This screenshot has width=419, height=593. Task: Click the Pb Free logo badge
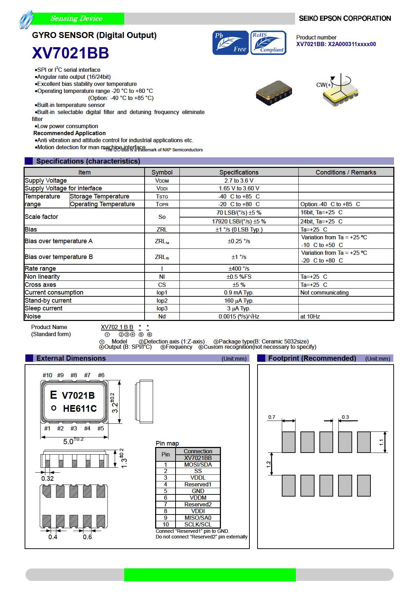pos(230,43)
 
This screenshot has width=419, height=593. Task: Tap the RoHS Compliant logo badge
pos(268,43)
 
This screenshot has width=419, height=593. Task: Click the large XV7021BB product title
pos(70,53)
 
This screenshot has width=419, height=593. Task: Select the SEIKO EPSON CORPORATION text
pos(344,19)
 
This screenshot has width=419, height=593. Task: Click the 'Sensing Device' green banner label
pos(76,19)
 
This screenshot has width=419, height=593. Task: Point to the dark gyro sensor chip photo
pos(274,93)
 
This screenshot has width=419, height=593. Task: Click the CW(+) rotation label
pos(324,85)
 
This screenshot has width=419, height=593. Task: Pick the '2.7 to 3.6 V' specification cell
pos(239,181)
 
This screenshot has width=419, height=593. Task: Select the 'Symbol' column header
pos(162,172)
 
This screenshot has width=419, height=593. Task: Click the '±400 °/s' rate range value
pos(239,269)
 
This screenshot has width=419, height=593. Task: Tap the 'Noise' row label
pos(33,316)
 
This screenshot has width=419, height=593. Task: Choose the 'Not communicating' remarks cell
pos(324,292)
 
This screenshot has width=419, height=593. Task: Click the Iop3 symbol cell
pos(162,308)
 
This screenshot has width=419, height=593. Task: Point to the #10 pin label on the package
pos(47,375)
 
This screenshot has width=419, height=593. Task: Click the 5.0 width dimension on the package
pos(69,441)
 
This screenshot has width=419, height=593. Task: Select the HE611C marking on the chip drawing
pos(80,409)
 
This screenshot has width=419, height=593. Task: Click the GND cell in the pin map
pos(198,491)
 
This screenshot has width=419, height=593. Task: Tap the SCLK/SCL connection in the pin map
pos(198,524)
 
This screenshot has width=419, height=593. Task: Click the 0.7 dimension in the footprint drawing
pos(272,417)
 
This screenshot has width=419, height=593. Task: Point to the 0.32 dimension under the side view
pos(47,478)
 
